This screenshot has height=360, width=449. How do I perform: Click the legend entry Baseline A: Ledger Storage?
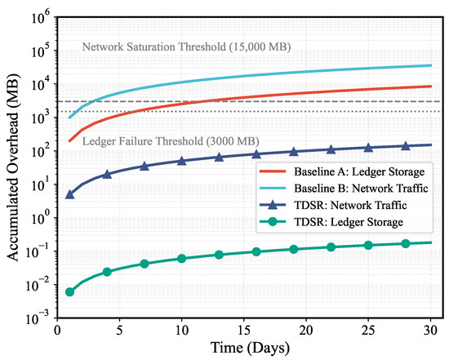click(x=342, y=172)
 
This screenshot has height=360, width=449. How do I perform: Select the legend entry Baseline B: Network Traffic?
click(x=344, y=189)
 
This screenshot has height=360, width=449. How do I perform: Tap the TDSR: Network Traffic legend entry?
click(x=333, y=205)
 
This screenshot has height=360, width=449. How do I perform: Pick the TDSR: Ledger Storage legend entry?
click(x=331, y=222)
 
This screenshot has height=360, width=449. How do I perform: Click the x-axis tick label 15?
click(x=244, y=331)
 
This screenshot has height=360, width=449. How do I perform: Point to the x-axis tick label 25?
click(x=368, y=331)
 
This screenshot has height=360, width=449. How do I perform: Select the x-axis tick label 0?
click(x=58, y=331)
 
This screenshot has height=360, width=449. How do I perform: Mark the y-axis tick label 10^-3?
click(x=39, y=318)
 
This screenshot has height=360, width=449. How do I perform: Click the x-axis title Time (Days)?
click(x=250, y=349)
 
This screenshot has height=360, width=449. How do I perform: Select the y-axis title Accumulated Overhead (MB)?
click(x=13, y=167)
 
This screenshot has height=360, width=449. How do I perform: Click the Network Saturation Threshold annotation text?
click(x=186, y=47)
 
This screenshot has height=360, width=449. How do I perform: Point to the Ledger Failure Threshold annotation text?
click(x=171, y=141)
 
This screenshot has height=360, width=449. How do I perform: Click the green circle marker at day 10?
click(x=181, y=259)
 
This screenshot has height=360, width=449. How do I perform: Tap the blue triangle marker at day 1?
click(x=69, y=195)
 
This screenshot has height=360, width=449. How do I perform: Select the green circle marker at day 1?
click(x=69, y=292)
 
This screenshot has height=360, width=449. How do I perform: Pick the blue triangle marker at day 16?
click(x=256, y=154)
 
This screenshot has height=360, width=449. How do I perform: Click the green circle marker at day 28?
click(x=406, y=244)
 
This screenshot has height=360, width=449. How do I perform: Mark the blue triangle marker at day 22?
click(x=331, y=149)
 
